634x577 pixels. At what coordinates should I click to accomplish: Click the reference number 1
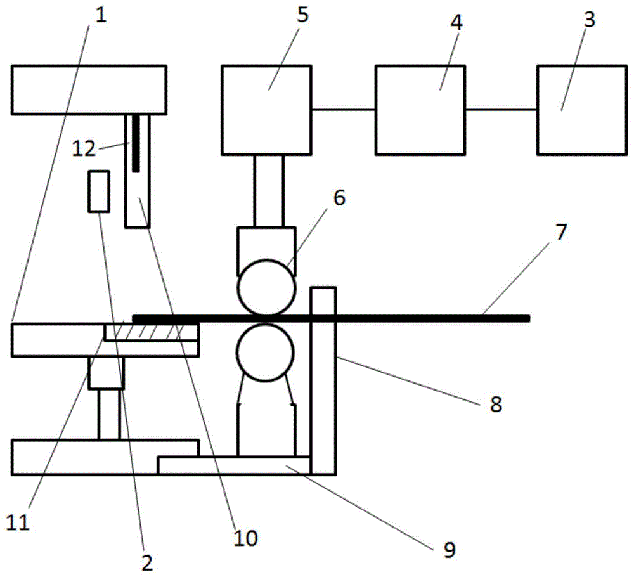point(101,14)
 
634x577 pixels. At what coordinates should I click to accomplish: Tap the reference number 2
point(146,561)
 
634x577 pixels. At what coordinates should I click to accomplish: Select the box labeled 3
point(579,110)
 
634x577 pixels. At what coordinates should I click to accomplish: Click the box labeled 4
point(420,110)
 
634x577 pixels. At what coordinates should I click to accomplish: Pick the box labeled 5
point(266,110)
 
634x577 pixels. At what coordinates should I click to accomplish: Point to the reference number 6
point(339,198)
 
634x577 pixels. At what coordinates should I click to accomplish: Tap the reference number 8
point(495,404)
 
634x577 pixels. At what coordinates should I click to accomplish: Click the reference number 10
point(246,538)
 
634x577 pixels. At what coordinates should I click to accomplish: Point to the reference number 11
point(18,522)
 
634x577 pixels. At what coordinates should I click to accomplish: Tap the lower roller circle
point(266,354)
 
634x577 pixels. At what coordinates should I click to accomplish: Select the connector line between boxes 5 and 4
point(343,110)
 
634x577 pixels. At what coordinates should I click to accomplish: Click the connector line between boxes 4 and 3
point(501,110)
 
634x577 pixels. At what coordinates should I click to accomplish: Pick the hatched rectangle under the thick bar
point(151,332)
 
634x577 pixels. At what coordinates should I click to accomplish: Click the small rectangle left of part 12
point(98,191)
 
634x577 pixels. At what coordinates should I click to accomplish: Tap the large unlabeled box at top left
point(89,89)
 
